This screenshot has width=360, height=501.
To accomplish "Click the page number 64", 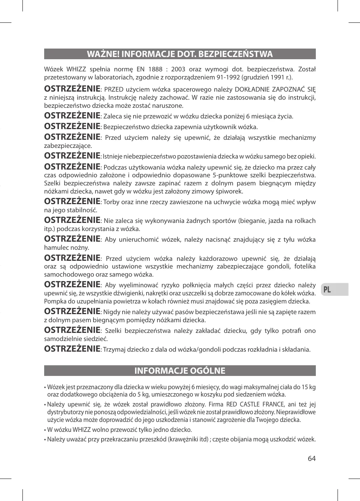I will (x=312, y=458).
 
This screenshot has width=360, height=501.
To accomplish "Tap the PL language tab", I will (x=327, y=290).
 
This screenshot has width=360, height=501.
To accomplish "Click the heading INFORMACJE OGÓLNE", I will (x=180, y=370).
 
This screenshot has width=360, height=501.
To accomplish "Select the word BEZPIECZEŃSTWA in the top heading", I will (x=236, y=54).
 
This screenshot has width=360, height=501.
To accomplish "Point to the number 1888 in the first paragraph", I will (x=155, y=69).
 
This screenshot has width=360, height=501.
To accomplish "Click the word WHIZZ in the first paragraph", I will (x=76, y=69).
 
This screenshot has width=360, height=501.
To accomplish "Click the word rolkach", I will (x=305, y=221).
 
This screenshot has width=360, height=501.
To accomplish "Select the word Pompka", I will (x=54, y=301).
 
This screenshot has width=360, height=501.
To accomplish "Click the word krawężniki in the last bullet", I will (x=183, y=439).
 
